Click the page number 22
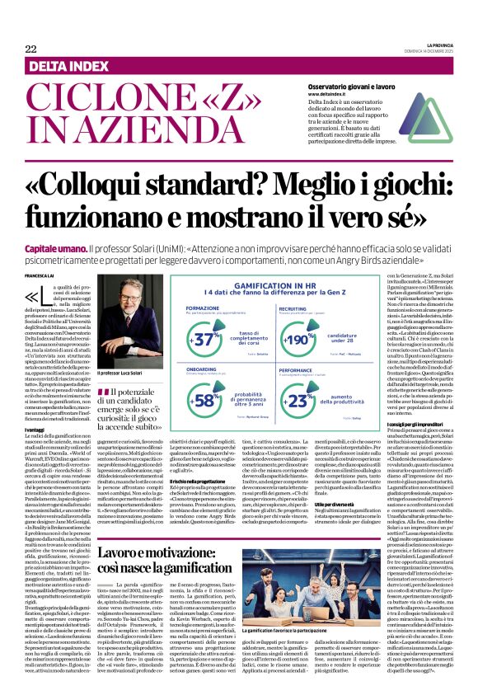point(30,49)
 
